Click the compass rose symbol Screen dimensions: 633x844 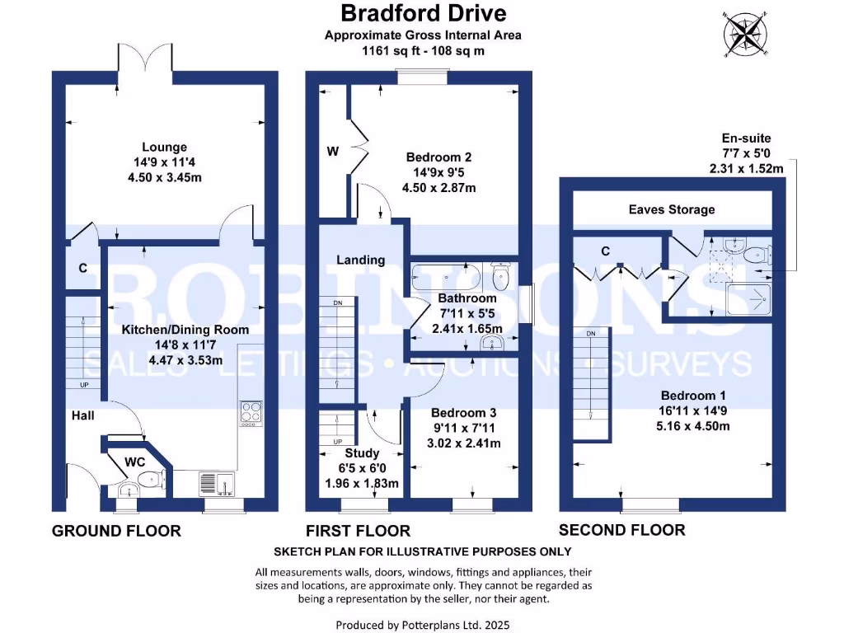point(747,35)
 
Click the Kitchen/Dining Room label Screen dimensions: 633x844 point(173,330)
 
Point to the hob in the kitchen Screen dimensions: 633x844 point(250,413)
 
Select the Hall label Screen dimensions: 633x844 point(82,415)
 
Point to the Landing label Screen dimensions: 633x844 point(360,260)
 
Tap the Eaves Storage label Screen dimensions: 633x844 point(671,209)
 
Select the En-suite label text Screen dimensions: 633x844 point(746,138)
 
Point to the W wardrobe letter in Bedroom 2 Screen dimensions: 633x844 point(332,151)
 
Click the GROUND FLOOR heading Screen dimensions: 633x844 point(116,531)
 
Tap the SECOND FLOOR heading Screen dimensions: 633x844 point(621,529)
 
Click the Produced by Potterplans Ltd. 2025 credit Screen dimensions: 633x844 point(422,625)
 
